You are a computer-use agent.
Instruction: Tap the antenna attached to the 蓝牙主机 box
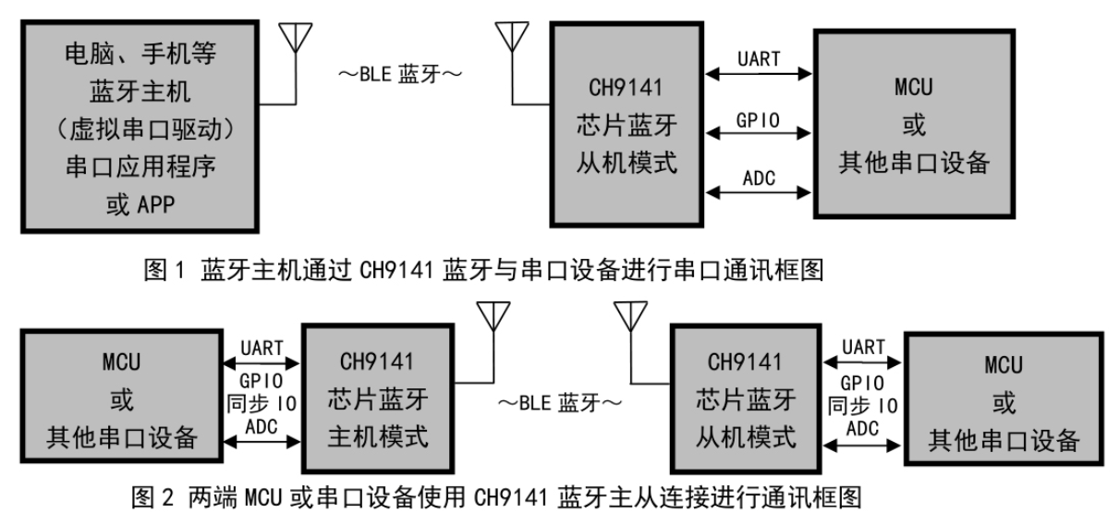(293, 42)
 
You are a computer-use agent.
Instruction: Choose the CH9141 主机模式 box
(379, 395)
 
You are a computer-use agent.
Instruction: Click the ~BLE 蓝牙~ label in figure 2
(554, 403)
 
